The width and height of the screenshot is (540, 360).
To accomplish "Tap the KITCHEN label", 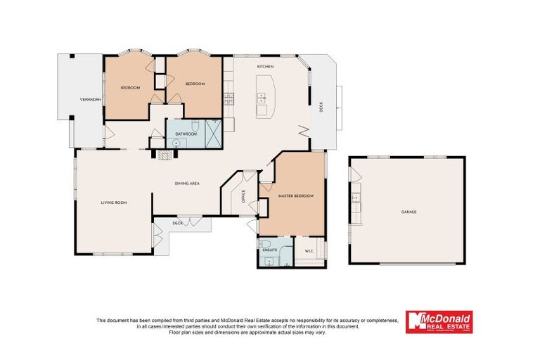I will (264, 66).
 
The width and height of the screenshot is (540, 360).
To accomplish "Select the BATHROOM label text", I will (186, 134).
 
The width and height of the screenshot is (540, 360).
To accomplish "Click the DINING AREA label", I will (188, 184).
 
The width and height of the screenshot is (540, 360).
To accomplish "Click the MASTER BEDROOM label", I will (295, 195).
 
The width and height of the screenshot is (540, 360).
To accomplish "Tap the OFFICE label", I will (243, 196).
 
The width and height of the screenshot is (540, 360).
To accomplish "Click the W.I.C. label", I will (309, 250).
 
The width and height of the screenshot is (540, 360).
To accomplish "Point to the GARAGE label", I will (409, 211).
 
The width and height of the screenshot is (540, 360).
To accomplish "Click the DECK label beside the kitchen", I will (321, 108).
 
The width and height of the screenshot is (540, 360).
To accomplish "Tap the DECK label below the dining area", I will (178, 224).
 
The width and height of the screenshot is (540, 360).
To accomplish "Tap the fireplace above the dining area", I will (165, 156).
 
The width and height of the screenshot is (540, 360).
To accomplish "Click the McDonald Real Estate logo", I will (439, 322).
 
